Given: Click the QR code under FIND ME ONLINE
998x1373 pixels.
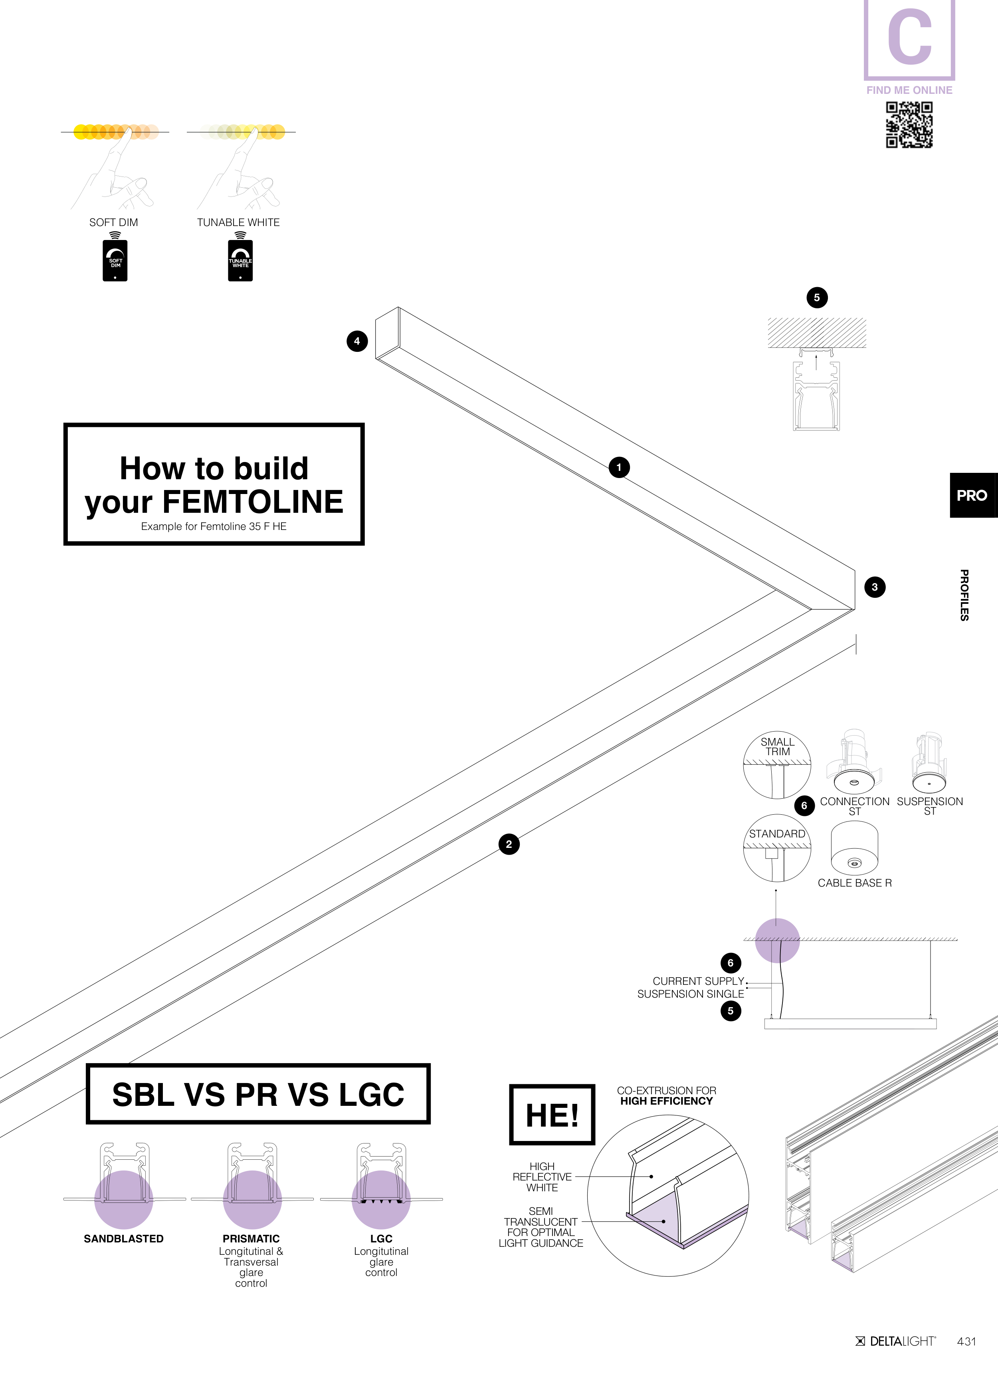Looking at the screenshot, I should tap(909, 125).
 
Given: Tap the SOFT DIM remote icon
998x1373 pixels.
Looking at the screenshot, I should tap(115, 261).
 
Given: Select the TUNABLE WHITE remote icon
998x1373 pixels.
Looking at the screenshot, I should tap(240, 261).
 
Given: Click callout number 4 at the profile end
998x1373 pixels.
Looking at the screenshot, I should tap(357, 341).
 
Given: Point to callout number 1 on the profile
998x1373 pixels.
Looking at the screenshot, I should tap(618, 467).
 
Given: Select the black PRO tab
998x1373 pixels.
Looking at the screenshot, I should tap(972, 495).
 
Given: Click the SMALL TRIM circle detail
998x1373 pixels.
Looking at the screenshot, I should tap(777, 765).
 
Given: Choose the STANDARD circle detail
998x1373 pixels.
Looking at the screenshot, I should tap(777, 848).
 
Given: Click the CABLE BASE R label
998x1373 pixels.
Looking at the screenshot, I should tap(855, 883).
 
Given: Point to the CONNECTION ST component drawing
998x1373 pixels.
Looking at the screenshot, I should tap(853, 763).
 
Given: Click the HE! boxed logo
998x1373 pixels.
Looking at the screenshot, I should tap(552, 1115).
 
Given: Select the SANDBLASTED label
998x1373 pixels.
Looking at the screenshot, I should tap(123, 1238).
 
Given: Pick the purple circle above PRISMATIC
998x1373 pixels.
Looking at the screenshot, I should tap(252, 1199).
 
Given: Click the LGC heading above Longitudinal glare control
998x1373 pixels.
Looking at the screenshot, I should tap(381, 1238).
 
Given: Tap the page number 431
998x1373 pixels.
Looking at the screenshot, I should tap(966, 1341).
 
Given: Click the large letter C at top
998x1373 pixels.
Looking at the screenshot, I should tap(909, 38).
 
